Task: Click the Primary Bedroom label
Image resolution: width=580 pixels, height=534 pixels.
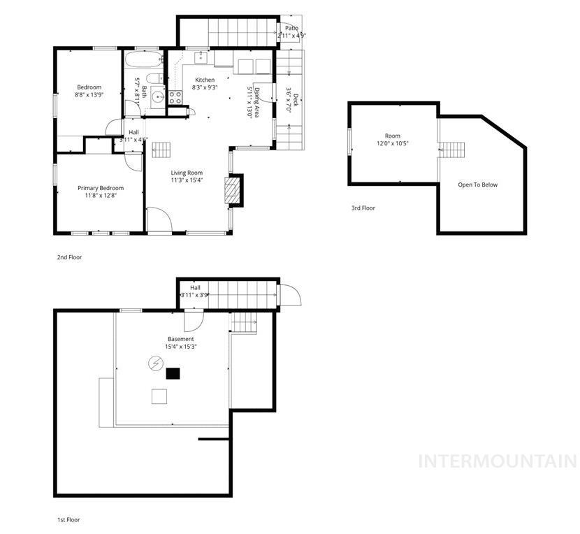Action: [x=101, y=188]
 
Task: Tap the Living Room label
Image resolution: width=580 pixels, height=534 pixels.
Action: [x=187, y=173]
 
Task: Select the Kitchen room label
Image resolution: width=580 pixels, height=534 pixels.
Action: [x=205, y=80]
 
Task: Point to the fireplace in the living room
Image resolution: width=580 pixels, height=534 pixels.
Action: [x=232, y=189]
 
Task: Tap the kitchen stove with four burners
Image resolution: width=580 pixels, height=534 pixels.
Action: [x=175, y=98]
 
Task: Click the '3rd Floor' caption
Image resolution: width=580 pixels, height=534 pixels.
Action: [x=363, y=208]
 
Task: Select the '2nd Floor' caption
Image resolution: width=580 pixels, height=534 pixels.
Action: [x=69, y=257]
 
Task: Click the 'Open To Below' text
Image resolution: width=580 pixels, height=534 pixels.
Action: [x=478, y=185]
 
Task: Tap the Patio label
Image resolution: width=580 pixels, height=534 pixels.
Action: [x=291, y=29]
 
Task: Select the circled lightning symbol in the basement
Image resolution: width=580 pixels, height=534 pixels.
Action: [x=154, y=363]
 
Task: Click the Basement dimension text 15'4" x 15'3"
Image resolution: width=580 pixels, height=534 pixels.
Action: [x=180, y=347]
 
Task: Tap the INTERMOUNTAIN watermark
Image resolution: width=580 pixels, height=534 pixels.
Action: [x=497, y=461]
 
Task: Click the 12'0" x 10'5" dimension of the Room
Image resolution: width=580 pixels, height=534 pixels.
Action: [x=392, y=143]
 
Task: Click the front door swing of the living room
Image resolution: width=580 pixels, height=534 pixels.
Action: [x=159, y=219]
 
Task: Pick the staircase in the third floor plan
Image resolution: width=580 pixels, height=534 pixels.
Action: [x=452, y=149]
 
